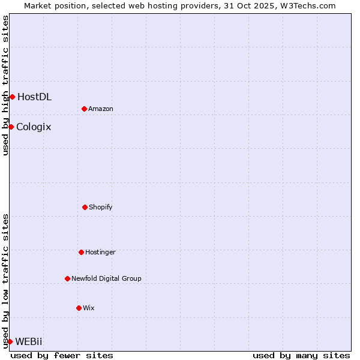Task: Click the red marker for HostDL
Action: click(12, 97)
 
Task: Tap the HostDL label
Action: click(34, 97)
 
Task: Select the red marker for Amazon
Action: click(84, 109)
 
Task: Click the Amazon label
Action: click(100, 109)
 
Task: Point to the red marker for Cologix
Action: click(11, 127)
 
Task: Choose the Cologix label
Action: click(34, 127)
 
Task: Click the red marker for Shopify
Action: click(85, 207)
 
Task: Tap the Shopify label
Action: click(100, 207)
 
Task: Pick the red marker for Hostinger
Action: click(81, 252)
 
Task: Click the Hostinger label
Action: click(100, 252)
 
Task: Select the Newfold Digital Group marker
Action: click(67, 278)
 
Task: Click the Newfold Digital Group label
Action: click(106, 278)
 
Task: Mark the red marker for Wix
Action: click(79, 308)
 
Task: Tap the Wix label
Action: click(88, 308)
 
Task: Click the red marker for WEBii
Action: click(10, 341)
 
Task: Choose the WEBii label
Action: click(29, 341)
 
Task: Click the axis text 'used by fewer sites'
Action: click(62, 355)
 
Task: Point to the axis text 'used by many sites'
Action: click(301, 355)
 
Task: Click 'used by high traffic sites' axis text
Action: click(5, 85)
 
